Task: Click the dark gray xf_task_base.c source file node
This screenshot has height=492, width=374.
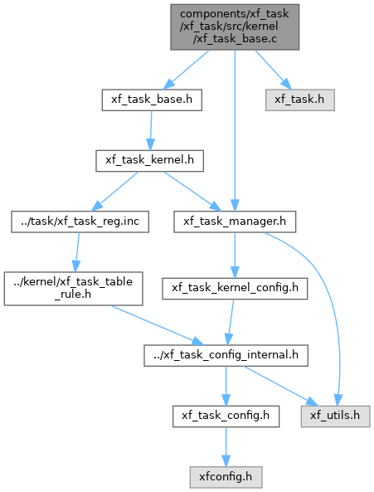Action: click(x=235, y=27)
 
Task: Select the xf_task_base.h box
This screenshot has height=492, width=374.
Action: click(x=152, y=100)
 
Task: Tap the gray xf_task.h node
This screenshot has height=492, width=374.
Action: click(x=300, y=100)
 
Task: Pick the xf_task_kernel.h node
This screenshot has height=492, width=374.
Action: click(x=149, y=161)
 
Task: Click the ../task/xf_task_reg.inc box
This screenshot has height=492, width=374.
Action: click(x=80, y=222)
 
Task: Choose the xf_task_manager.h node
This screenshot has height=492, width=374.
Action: click(x=235, y=222)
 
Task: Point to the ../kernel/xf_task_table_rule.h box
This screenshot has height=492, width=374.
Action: click(x=73, y=289)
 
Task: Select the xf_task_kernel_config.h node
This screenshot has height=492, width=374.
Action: click(x=235, y=289)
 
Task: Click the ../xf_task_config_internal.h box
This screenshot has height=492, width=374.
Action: click(x=226, y=355)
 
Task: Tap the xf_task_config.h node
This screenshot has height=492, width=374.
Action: click(x=226, y=416)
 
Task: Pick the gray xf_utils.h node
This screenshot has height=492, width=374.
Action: click(x=336, y=416)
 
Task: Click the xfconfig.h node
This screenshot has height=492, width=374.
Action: click(x=226, y=477)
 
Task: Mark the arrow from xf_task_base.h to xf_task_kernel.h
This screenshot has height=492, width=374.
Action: click(x=151, y=130)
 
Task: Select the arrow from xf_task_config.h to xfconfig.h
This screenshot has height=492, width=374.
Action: click(x=226, y=447)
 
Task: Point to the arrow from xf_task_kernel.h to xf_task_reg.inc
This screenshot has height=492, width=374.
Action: click(x=114, y=191)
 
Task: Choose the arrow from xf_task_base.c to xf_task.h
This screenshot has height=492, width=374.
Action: click(x=274, y=70)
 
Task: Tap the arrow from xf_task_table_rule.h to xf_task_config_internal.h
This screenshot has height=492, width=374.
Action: click(x=157, y=325)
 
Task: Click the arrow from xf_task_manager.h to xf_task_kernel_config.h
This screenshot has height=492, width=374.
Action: click(x=235, y=255)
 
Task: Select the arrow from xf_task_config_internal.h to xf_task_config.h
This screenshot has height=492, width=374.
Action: click(x=226, y=386)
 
